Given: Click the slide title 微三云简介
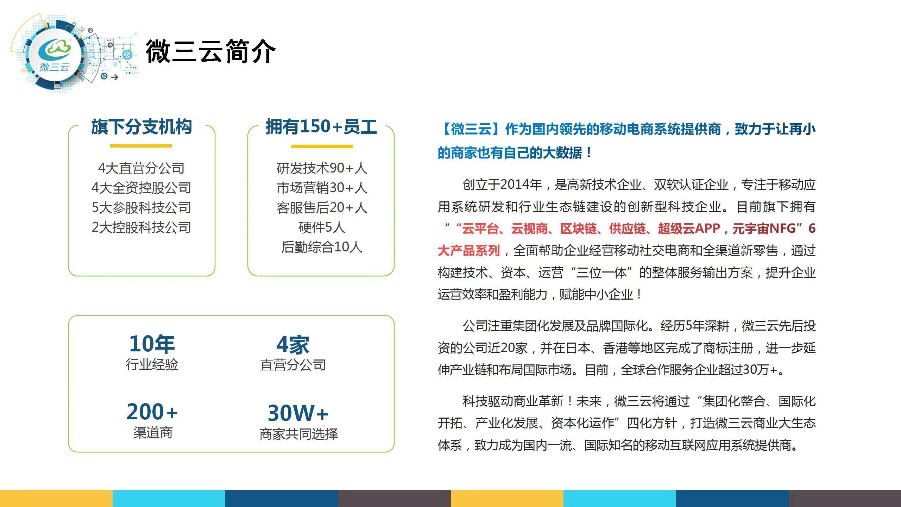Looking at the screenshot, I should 210,51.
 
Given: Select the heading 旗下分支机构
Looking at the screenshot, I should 141,127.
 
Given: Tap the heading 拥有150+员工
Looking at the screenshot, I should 321,127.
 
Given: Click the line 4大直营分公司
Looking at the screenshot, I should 141,168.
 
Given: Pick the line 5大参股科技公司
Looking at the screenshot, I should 141,208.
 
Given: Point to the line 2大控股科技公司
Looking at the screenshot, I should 141,227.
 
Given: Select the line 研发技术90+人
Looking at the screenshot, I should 322,168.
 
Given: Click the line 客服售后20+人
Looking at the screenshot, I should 322,208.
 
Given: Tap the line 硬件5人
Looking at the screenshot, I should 322,227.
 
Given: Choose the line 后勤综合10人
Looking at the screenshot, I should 322,247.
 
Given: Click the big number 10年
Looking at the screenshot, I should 152,344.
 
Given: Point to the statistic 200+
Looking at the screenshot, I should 152,412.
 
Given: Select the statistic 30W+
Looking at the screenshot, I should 298,413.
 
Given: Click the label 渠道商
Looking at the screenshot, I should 153,433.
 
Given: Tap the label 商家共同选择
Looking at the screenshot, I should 298,434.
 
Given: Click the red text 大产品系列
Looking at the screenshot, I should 469,251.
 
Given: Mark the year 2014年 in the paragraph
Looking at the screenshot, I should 521,184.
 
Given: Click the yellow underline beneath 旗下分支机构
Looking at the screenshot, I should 141,146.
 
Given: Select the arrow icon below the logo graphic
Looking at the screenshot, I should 114,77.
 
